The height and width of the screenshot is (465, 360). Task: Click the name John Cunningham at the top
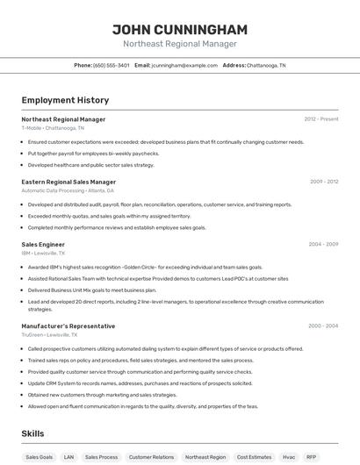[x=180, y=29]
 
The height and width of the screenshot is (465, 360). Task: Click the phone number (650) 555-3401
[x=112, y=65]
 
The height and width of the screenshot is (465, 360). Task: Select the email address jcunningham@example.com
[x=184, y=65]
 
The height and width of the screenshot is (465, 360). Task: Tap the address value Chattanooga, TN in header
[x=266, y=65]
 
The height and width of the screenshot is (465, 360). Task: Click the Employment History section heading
[x=65, y=100]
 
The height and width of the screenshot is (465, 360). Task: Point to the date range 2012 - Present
[x=320, y=119]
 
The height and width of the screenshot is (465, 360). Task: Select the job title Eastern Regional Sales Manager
[x=68, y=182]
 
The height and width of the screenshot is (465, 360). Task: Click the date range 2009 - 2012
[x=323, y=182]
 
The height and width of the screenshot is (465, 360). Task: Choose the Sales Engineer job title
[x=43, y=244]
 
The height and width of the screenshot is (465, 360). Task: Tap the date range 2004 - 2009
[x=323, y=244]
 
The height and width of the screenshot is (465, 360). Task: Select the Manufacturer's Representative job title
[x=68, y=325]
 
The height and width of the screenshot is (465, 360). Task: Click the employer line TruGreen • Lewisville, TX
[x=50, y=334]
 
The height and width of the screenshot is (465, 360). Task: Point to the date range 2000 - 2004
[x=323, y=325]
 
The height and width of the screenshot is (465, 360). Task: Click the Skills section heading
[x=32, y=433]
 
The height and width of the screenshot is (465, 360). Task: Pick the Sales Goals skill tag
[x=39, y=457]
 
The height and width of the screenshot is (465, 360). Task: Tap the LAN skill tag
[x=68, y=457]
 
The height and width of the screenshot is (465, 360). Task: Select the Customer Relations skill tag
[x=151, y=457]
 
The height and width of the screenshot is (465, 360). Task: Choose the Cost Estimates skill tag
[x=255, y=457]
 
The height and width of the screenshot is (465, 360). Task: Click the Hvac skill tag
[x=289, y=457]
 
